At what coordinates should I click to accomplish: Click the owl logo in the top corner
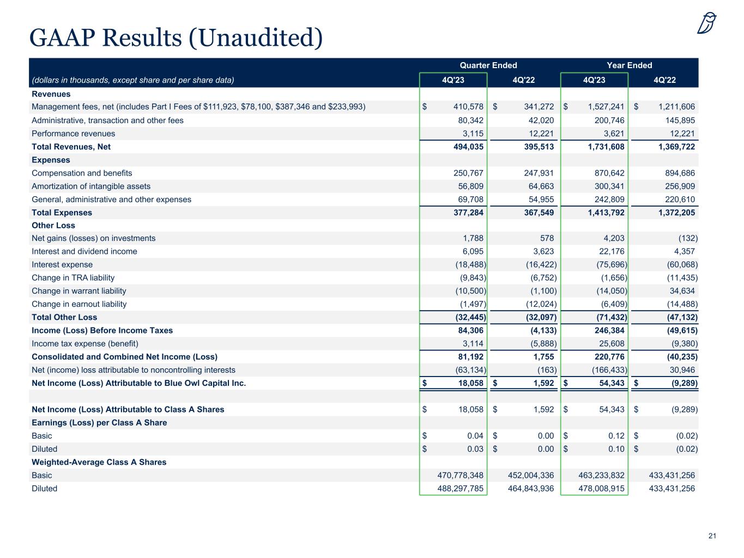coord(707,23)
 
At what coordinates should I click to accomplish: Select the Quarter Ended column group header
coord(488,65)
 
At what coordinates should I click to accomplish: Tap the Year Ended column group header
coord(630,65)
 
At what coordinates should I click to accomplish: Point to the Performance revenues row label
coord(74,134)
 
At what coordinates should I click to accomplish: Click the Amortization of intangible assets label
coord(91,186)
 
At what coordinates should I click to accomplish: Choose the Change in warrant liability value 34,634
coord(678,291)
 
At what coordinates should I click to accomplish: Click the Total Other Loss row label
coord(64,317)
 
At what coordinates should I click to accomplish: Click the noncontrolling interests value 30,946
coord(678,370)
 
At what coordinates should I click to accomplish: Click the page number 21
coord(712,536)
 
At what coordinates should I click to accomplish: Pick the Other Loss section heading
coord(53,226)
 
